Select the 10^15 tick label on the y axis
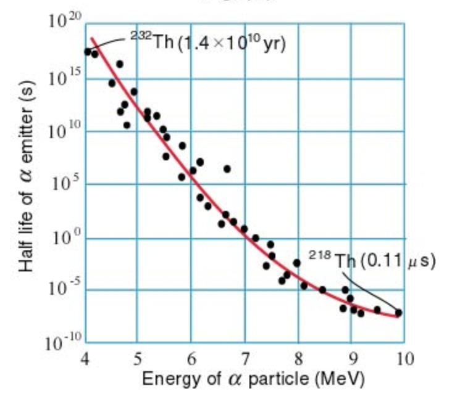65,78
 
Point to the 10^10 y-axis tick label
65,131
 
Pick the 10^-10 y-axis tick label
62,343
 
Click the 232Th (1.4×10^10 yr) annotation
207,44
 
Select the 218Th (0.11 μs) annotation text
372,260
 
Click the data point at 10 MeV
398,313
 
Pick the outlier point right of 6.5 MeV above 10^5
227,168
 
